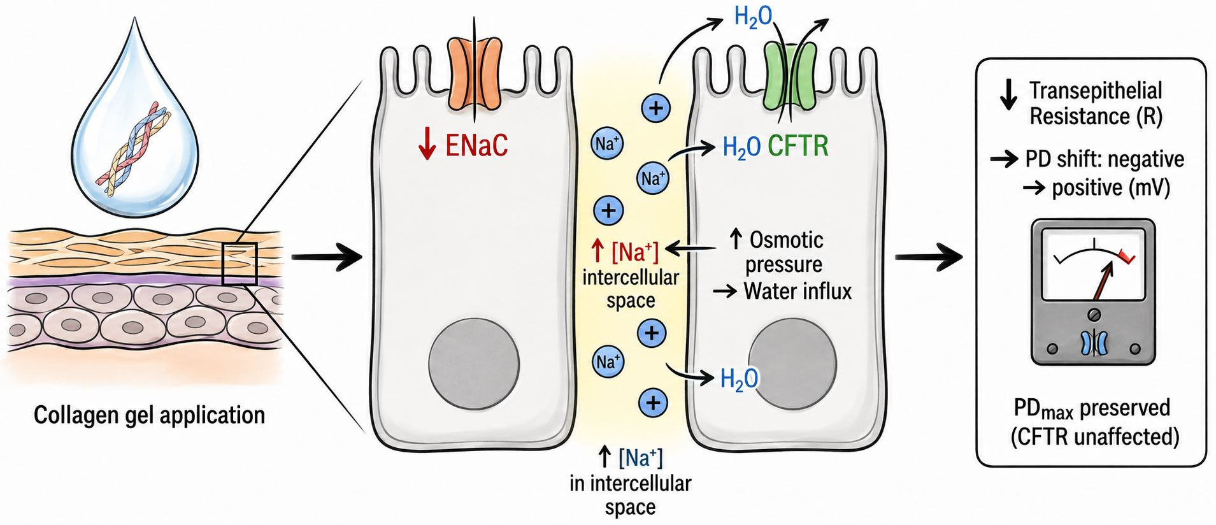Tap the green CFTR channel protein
click(790, 76)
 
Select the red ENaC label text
click(476, 145)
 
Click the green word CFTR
click(798, 147)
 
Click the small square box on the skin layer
click(239, 264)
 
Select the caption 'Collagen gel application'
click(149, 415)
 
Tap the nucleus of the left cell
click(473, 365)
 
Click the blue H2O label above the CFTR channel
click(754, 17)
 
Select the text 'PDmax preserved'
click(1092, 408)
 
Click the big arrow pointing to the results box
click(928, 257)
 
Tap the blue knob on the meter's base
click(1094, 343)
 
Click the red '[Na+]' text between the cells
click(634, 252)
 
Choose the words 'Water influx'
click(798, 291)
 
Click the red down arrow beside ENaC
click(427, 145)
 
